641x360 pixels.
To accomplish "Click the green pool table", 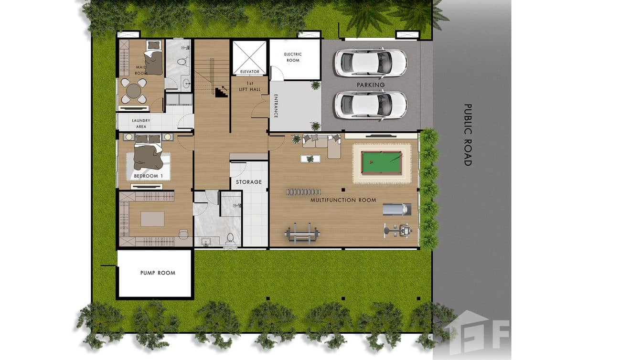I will (381, 163).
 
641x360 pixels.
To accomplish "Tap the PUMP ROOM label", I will (158, 273).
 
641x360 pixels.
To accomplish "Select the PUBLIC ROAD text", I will (468, 135).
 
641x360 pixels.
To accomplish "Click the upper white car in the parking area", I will (370, 63).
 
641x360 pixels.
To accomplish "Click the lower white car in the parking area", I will (370, 105).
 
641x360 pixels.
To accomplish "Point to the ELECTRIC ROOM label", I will (293, 57).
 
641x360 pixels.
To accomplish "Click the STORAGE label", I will (249, 182).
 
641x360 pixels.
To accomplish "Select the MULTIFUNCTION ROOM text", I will (343, 200).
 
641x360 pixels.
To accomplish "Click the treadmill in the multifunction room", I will (397, 209).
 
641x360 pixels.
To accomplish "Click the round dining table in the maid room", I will (134, 90).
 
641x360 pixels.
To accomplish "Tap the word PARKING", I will (371, 85).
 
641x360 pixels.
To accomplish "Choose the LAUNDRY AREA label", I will (141, 123).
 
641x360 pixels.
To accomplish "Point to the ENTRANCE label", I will (276, 106).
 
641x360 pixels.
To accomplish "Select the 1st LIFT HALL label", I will (249, 86).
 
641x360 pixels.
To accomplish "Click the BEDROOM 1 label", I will (148, 176).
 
